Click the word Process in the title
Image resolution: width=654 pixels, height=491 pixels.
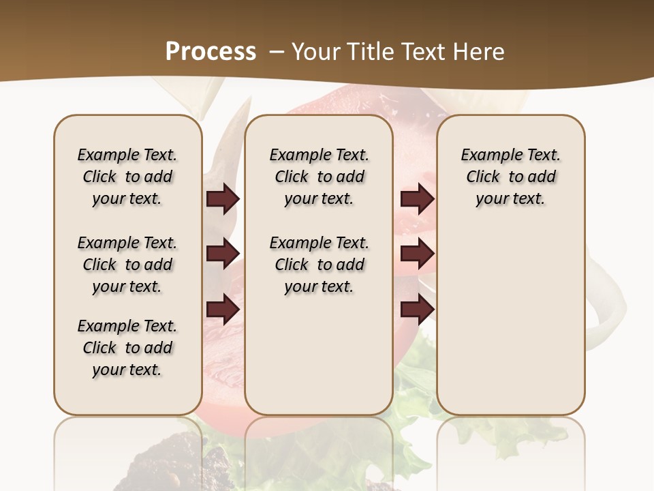point(211,51)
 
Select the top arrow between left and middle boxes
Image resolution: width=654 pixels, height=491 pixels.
point(223,198)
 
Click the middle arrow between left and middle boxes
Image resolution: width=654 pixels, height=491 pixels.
point(223,254)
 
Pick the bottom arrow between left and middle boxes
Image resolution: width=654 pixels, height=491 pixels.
point(223,310)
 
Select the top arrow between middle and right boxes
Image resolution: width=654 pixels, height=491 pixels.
point(417,198)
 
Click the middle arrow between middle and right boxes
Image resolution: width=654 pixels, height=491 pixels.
point(417,254)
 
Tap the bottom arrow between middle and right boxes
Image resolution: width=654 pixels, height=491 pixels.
point(417,310)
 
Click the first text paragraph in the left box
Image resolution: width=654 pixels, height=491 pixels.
point(127,177)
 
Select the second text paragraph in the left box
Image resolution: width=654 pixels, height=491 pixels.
point(127,265)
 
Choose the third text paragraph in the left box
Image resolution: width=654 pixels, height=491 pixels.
point(127,348)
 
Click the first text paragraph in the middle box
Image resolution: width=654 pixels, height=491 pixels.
point(319,177)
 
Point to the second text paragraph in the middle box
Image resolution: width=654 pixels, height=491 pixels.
point(319,265)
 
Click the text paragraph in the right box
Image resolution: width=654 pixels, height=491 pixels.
point(510,177)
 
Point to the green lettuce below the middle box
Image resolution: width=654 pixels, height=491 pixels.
point(416,382)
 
